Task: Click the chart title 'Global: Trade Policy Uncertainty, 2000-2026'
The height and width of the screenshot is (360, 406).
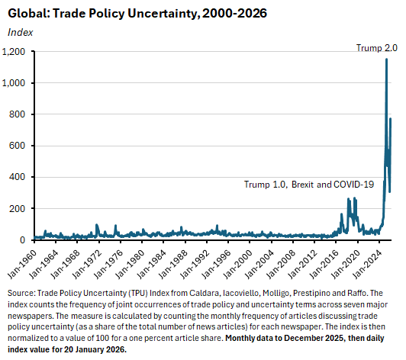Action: pyautogui.click(x=137, y=14)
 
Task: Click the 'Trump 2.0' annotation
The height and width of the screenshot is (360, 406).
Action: pyautogui.click(x=376, y=48)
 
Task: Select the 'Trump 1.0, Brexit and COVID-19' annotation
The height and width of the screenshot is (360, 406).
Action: pyautogui.click(x=308, y=185)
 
